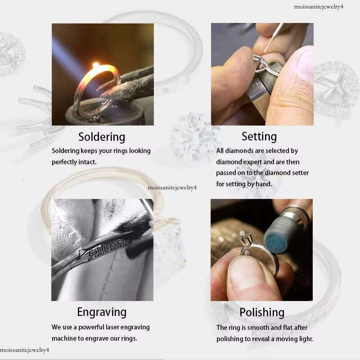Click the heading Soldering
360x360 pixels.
pyautogui.click(x=102, y=137)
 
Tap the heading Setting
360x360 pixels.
pyautogui.click(x=259, y=137)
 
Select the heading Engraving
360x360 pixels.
pyautogui.click(x=102, y=312)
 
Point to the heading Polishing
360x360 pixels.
pyautogui.click(x=262, y=312)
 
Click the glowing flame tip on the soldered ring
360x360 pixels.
pyautogui.click(x=96, y=65)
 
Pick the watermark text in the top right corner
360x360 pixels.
pyautogui.click(x=319, y=7)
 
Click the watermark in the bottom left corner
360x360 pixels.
pyautogui.click(x=25, y=350)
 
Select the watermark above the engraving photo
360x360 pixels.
pyautogui.click(x=172, y=188)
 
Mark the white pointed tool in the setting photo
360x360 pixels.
pyautogui.click(x=274, y=38)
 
